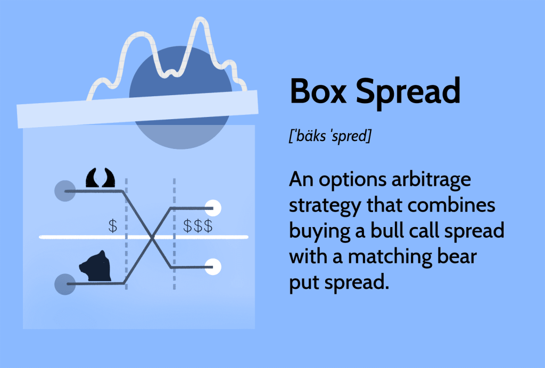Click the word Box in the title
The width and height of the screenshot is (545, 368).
click(x=318, y=91)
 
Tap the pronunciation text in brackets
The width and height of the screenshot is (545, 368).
click(x=330, y=136)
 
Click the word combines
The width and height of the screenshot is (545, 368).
click(x=451, y=205)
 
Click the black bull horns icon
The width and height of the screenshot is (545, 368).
click(x=101, y=178)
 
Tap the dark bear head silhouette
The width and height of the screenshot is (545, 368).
click(x=95, y=266)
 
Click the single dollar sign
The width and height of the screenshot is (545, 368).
click(x=113, y=226)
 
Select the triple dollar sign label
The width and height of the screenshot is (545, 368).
click(x=198, y=226)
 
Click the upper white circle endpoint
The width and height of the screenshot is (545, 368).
click(x=213, y=208)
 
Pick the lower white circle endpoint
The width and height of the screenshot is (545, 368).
click(x=213, y=267)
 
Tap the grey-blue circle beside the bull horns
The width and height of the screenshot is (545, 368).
click(x=65, y=191)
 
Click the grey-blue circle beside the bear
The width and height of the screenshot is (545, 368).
click(x=65, y=285)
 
